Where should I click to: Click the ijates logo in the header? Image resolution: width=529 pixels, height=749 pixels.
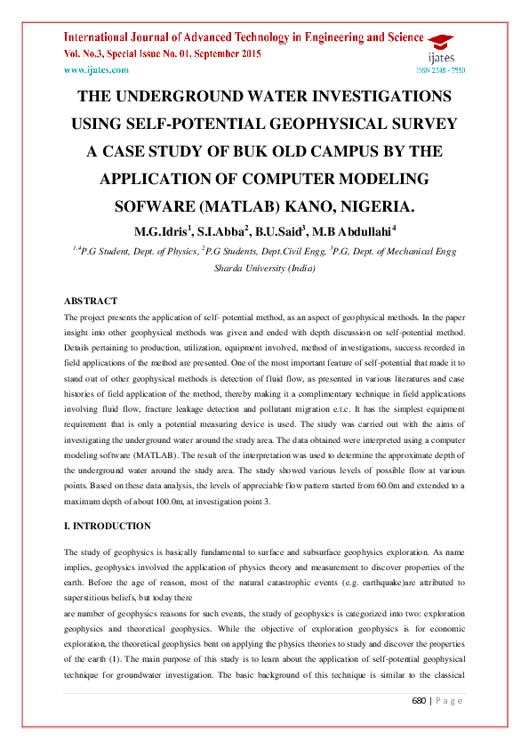click(x=443, y=50)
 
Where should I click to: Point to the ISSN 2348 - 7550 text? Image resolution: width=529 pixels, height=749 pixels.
click(x=441, y=69)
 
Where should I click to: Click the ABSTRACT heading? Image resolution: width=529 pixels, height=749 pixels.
click(x=91, y=302)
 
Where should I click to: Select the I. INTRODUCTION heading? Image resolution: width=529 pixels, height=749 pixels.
click(x=108, y=526)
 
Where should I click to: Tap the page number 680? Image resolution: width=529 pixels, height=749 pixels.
click(x=421, y=726)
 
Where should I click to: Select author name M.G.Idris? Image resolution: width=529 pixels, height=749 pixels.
click(x=164, y=232)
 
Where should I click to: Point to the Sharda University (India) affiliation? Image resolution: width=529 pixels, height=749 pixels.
click(x=265, y=267)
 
